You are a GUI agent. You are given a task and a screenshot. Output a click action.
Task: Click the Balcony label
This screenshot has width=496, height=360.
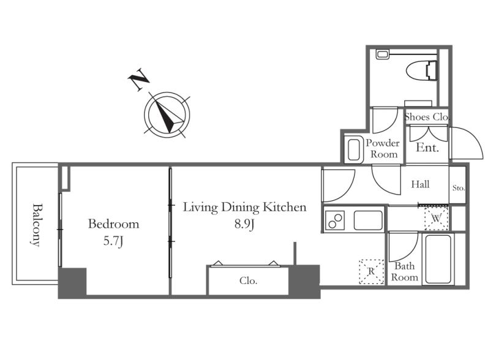37,225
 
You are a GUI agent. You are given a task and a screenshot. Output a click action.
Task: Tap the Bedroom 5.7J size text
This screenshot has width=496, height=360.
113,242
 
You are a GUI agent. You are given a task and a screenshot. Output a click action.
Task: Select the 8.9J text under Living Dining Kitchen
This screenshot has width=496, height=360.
244,224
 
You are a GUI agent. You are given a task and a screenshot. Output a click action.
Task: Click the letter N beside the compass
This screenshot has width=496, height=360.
138,79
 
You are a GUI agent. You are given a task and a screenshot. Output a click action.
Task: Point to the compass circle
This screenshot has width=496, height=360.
167,92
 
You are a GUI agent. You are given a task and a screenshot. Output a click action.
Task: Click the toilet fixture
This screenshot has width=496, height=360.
421,71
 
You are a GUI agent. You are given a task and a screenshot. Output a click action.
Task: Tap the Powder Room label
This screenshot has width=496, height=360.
383,149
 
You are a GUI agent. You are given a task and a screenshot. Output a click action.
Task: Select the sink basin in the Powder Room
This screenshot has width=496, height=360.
354,149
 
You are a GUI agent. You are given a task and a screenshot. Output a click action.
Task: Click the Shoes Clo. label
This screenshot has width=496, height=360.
427,117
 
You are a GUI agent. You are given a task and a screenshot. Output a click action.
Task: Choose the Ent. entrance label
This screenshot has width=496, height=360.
427,148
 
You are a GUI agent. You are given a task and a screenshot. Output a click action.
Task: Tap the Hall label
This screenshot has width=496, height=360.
420,184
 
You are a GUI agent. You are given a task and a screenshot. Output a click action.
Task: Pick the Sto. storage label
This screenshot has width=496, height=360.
459,188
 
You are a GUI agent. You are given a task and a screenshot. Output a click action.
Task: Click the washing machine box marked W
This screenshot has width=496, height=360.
436,218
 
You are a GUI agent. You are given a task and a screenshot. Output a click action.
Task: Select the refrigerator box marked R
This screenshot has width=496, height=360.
371,272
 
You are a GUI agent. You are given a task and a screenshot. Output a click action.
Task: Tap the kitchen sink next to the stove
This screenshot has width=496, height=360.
368,220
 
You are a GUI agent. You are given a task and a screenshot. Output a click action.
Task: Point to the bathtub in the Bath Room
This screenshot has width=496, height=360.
438,259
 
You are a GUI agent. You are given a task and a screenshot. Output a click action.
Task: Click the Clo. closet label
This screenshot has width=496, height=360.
249,280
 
